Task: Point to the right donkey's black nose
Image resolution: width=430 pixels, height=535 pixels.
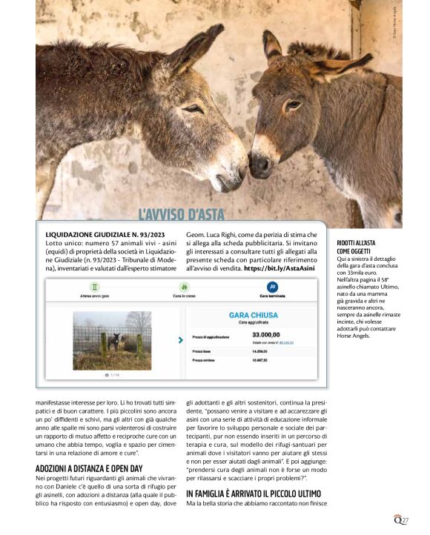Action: pos(259,166)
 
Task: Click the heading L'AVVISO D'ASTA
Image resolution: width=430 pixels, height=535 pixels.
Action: pos(182,215)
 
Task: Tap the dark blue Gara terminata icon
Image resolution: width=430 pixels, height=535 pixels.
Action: pos(272,287)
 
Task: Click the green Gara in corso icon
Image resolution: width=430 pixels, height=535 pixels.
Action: pos(184,287)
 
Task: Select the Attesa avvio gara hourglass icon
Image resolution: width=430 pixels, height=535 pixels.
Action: pos(94,287)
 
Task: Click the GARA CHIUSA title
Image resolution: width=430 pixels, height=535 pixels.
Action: pos(254,315)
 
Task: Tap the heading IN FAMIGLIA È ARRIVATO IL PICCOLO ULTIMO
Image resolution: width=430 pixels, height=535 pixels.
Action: pos(254,493)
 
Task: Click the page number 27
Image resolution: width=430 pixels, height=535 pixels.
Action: pos(405,520)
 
